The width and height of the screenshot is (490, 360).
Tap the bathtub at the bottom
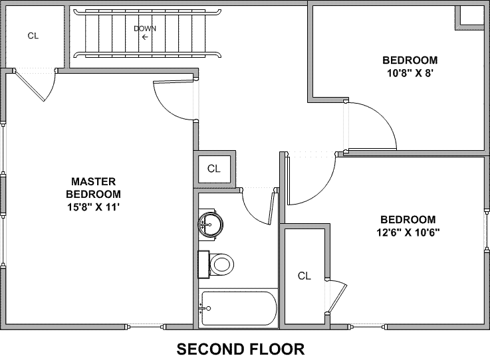(x=238, y=308)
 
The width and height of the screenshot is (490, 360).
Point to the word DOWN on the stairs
(x=145, y=29)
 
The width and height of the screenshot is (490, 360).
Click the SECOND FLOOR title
(x=240, y=348)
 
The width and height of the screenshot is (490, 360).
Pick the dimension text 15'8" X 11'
(x=94, y=207)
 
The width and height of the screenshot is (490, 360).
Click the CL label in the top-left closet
(x=33, y=36)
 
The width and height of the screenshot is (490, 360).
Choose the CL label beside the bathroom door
(x=213, y=169)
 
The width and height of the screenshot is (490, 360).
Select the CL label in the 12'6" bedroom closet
(x=305, y=275)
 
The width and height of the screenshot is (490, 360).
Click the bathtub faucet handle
(x=205, y=308)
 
